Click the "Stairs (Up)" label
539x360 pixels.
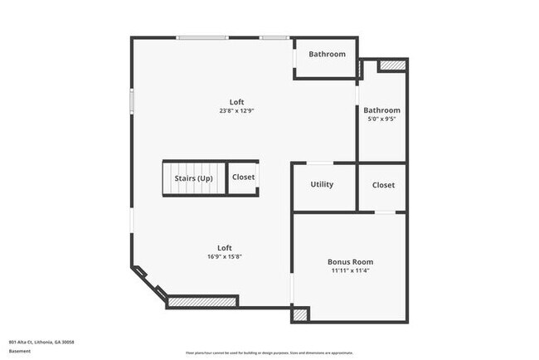193,178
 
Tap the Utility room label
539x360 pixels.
322,184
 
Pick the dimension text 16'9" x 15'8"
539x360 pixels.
225,256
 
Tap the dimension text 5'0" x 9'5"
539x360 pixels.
381,119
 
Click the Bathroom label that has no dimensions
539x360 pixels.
327,55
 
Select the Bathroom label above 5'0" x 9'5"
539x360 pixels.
381,109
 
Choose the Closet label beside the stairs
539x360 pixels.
244,178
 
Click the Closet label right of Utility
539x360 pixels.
383,185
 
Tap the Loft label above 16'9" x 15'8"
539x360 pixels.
225,247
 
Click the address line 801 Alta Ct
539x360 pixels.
41,341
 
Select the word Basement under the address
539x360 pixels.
20,351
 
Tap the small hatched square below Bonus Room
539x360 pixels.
299,314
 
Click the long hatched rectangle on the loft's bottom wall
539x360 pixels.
203,302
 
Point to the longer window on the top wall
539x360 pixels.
202,37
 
